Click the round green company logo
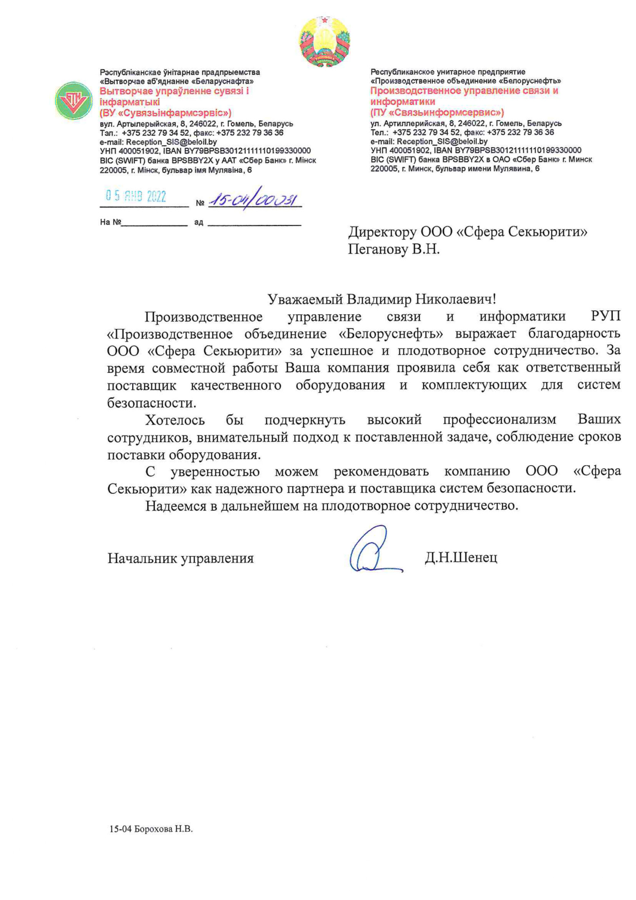click(x=74, y=100)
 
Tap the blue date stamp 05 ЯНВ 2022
click(x=136, y=197)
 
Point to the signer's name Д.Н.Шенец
click(x=461, y=558)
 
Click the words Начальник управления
click(x=180, y=558)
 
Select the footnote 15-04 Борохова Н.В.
click(x=151, y=829)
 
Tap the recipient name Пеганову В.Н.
click(x=393, y=249)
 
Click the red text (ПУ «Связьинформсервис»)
click(x=437, y=112)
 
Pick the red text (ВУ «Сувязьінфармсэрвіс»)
click(x=166, y=113)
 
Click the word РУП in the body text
click(x=605, y=317)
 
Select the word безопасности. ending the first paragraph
click(x=152, y=403)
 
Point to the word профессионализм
click(x=499, y=420)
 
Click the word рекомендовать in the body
click(x=381, y=472)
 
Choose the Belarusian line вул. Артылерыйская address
click(x=196, y=124)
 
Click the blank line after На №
click(x=154, y=223)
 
